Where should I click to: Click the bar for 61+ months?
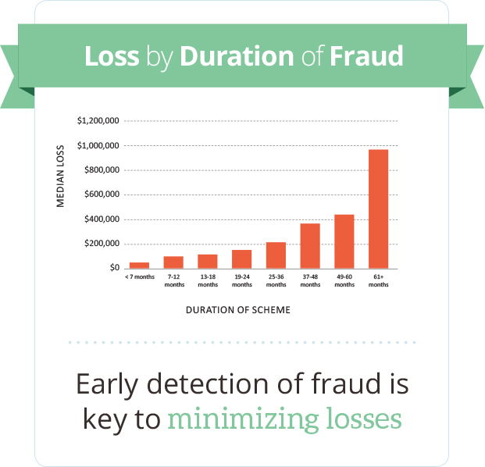[379, 209]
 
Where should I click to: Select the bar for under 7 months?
[139, 266]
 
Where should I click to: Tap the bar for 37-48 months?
[310, 246]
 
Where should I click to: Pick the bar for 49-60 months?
[344, 241]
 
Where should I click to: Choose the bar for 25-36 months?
[276, 255]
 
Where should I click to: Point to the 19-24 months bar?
[241, 259]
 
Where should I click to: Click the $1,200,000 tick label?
[98, 121]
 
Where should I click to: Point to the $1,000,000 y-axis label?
[98, 146]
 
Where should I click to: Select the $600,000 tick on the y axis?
[101, 194]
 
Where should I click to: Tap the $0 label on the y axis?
[113, 268]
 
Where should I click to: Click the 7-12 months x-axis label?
[173, 280]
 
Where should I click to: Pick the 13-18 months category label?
[208, 280]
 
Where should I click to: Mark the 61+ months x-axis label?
[379, 280]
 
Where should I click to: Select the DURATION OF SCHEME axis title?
[238, 310]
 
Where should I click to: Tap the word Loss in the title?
[112, 56]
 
